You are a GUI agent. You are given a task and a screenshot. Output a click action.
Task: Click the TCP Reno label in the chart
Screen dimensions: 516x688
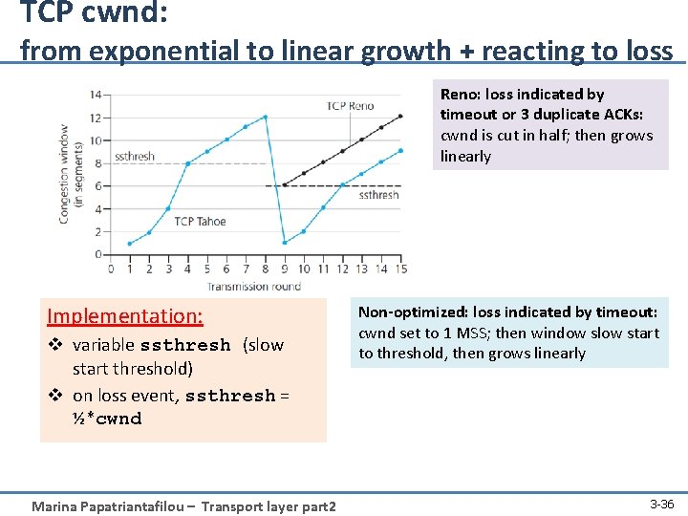(x=350, y=106)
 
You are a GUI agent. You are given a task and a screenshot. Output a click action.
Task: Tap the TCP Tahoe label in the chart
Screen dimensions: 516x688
(x=200, y=222)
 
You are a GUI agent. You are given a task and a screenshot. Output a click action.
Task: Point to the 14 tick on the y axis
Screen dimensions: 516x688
(x=96, y=95)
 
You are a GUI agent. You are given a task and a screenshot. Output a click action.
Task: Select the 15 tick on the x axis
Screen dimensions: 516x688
(x=401, y=269)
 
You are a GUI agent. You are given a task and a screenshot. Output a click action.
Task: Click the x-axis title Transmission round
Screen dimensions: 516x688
(x=254, y=285)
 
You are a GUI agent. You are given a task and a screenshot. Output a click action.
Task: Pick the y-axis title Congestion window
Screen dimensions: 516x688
(x=71, y=173)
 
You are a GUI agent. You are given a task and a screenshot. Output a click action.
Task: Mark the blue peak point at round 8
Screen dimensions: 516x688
(x=265, y=117)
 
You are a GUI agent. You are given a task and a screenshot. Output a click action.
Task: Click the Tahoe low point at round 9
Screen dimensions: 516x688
(x=285, y=243)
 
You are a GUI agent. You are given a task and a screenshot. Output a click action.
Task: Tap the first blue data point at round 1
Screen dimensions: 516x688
(x=129, y=243)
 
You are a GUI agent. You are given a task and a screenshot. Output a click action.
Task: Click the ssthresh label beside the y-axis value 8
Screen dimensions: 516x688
(x=135, y=156)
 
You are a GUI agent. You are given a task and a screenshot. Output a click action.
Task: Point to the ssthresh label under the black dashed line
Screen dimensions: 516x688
(x=378, y=195)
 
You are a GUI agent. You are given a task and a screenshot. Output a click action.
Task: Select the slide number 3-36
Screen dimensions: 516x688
(x=661, y=503)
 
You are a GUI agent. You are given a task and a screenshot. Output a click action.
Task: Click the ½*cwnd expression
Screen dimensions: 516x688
(x=107, y=419)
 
